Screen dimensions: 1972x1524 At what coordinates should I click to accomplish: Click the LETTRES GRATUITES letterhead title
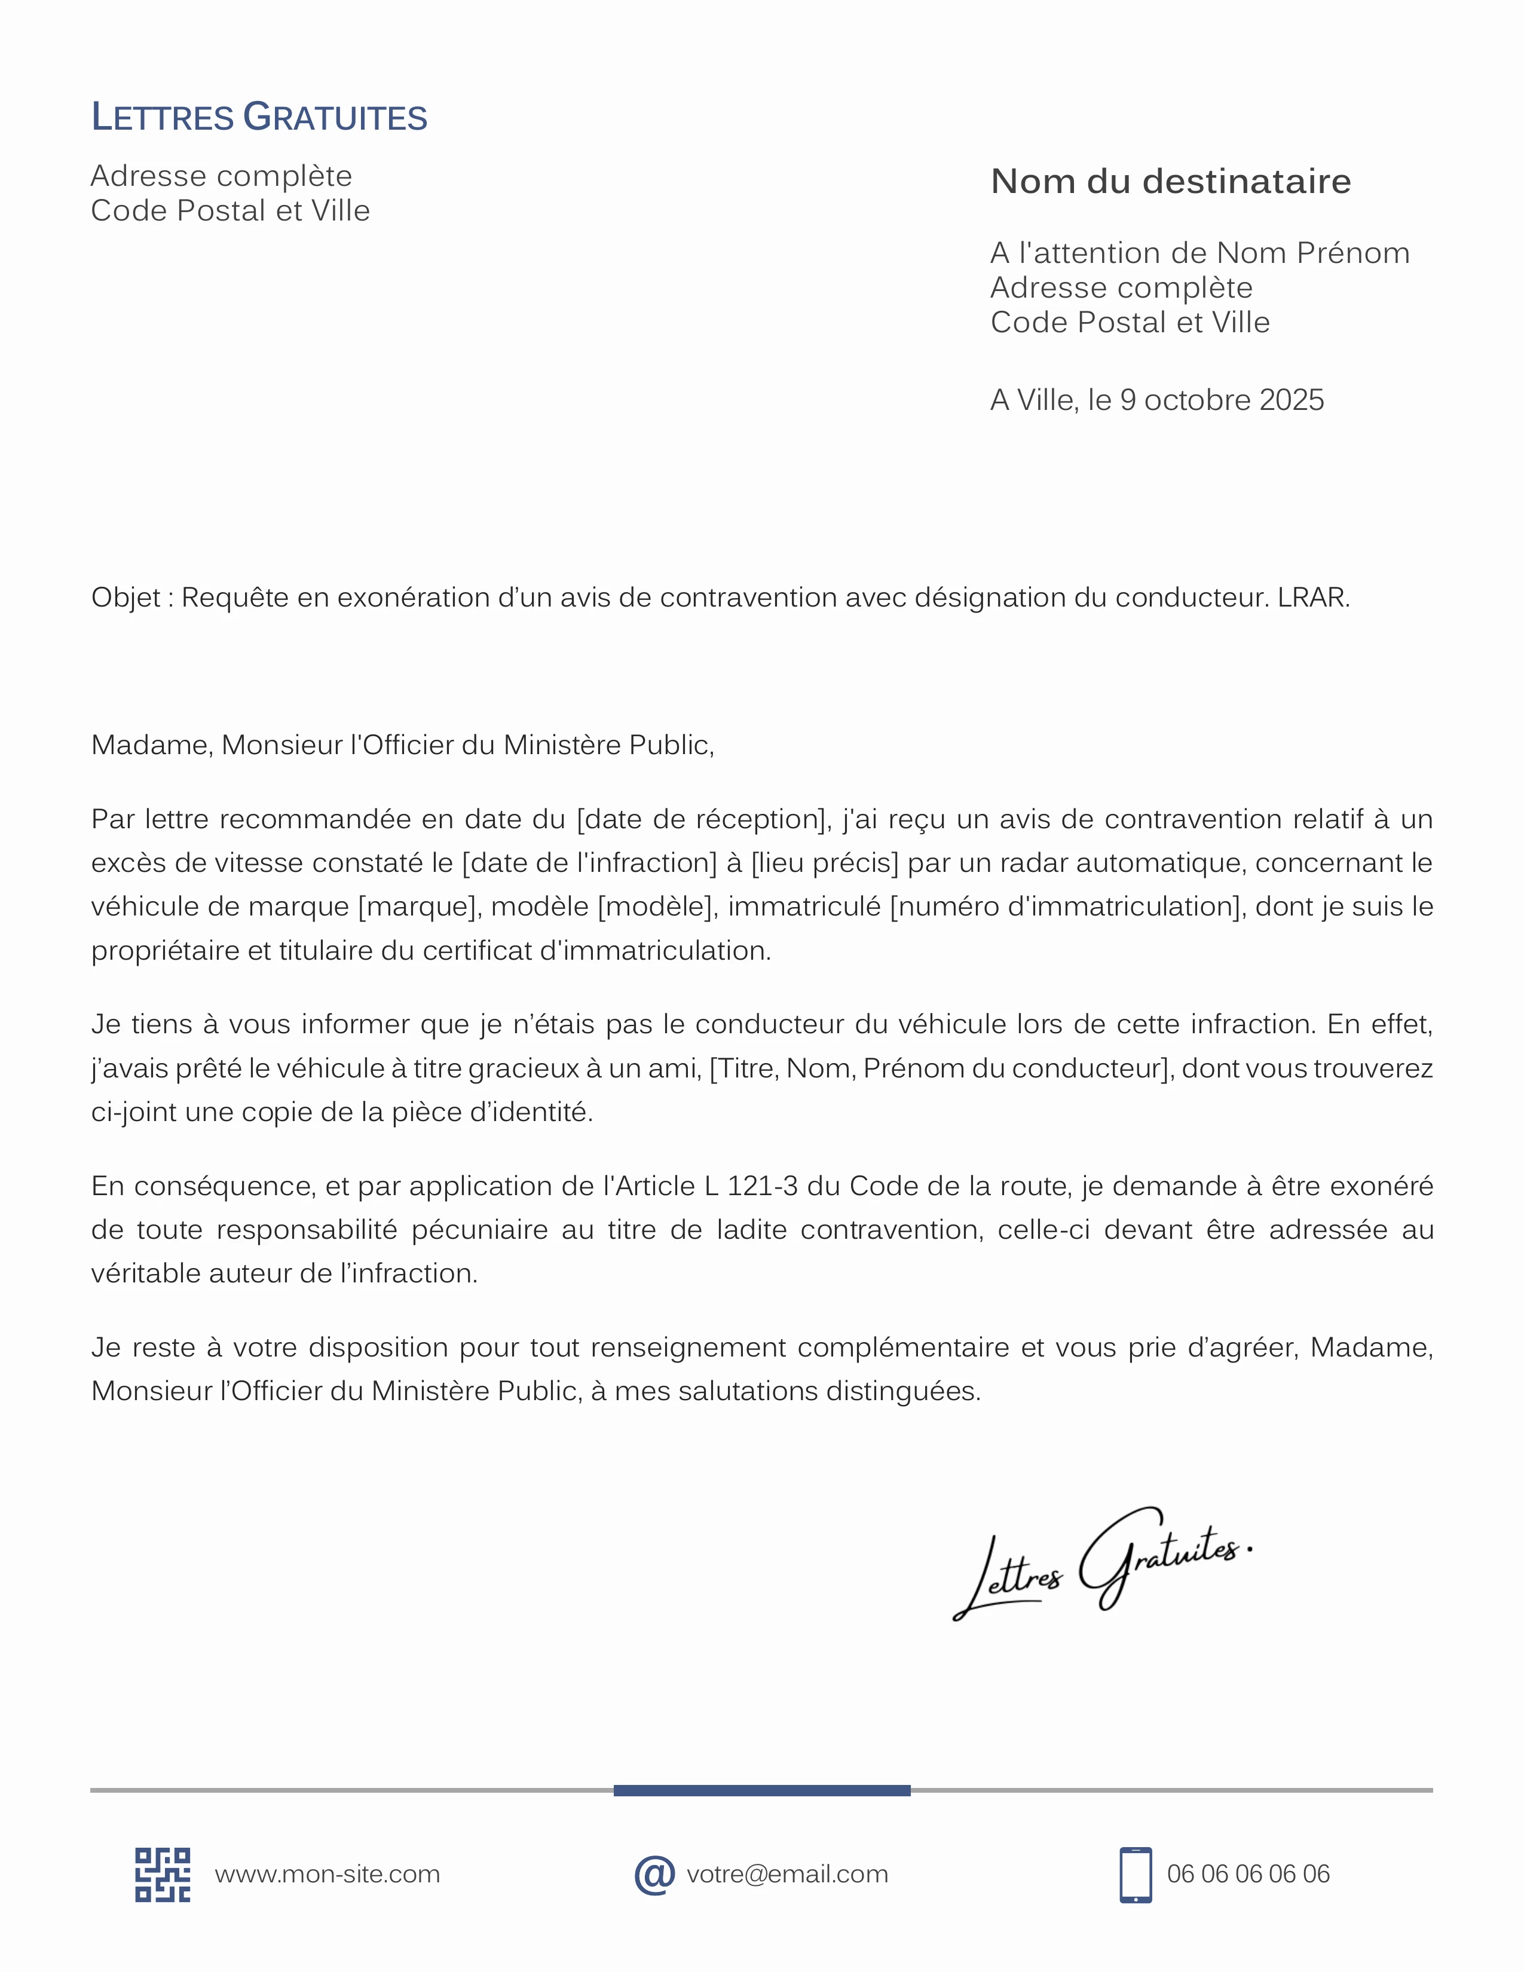pos(259,117)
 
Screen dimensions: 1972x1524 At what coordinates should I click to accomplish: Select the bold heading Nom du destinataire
pos(1170,182)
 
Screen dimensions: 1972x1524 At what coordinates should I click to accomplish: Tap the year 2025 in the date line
pos(1291,400)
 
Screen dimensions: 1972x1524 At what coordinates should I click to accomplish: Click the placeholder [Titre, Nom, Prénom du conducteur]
pos(942,1068)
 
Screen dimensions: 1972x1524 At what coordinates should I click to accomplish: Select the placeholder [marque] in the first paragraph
pos(417,907)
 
